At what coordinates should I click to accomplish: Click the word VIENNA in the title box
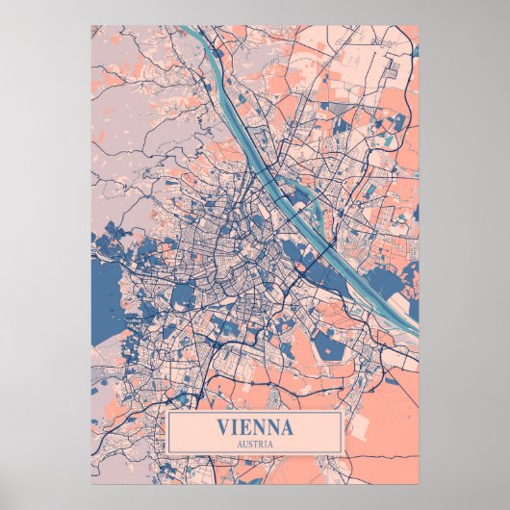[255, 426]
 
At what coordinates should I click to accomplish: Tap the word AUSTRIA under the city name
[255, 444]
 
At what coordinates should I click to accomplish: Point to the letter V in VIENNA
[224, 426]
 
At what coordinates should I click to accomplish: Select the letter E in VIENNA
[244, 426]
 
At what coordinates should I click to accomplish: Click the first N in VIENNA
[258, 426]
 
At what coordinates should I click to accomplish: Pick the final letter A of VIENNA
[287, 426]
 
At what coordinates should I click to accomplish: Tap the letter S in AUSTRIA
[249, 444]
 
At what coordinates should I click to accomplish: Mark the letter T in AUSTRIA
[255, 444]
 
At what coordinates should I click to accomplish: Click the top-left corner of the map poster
[92, 26]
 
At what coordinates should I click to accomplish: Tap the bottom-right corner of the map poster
[419, 483]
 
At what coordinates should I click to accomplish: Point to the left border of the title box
[167, 434]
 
